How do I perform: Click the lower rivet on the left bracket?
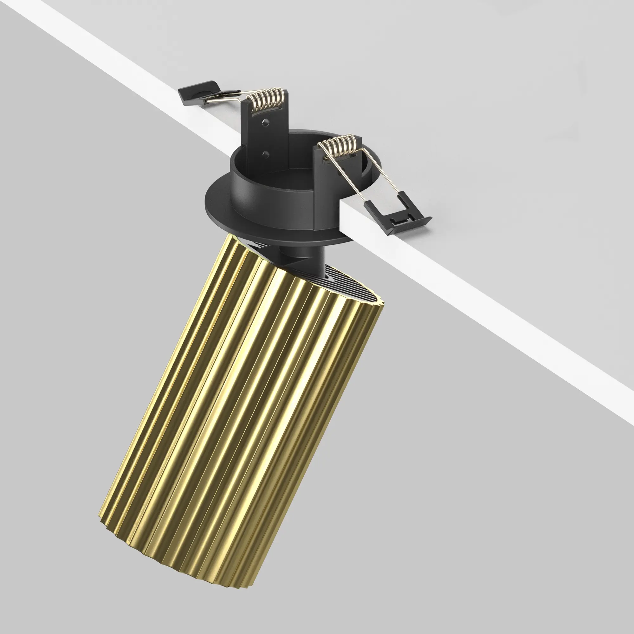[x=266, y=153]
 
